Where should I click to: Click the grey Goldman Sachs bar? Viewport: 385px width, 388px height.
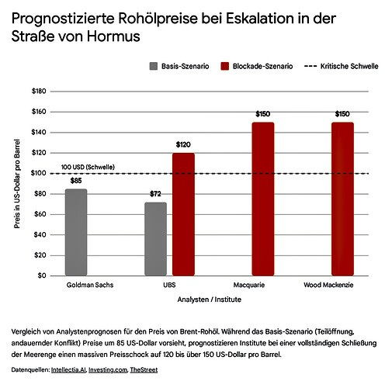(x=76, y=232)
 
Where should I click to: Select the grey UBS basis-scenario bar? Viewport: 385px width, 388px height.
(x=156, y=239)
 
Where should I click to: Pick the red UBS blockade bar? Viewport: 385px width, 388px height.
(x=183, y=214)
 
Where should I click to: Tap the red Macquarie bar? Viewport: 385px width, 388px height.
(x=263, y=199)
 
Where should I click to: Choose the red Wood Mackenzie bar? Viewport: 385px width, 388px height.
(x=342, y=199)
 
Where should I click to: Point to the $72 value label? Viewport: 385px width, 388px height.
(x=156, y=195)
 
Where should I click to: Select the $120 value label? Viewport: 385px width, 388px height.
(x=183, y=145)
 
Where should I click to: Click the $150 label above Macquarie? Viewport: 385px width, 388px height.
(x=263, y=114)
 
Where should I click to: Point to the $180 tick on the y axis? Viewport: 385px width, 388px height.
(x=38, y=92)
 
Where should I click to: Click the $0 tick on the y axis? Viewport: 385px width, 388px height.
(x=41, y=275)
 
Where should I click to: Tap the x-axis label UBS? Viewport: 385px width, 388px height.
(x=169, y=286)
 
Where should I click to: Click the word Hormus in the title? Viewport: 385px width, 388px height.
(x=106, y=36)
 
